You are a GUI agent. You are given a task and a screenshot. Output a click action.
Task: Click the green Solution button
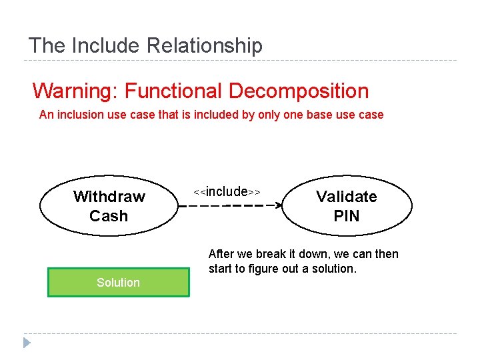(118, 282)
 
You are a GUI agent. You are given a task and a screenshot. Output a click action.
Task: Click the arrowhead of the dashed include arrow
(279, 205)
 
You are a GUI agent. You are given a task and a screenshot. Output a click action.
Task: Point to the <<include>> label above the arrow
(227, 192)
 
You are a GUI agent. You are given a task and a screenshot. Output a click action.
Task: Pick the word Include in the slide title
(106, 46)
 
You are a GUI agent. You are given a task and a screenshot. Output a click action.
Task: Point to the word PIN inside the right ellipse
(346, 216)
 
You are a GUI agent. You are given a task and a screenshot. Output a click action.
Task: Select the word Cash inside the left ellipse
(109, 216)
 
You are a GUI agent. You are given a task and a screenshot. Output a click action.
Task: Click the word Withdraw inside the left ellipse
(109, 197)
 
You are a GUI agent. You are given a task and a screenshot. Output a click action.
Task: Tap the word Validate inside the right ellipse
(346, 197)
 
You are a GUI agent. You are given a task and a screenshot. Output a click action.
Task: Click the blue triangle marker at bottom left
(27, 343)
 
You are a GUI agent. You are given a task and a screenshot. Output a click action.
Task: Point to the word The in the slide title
(47, 46)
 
